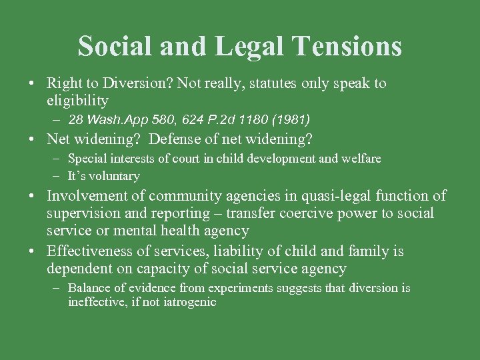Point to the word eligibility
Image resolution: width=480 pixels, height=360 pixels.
pos(77,101)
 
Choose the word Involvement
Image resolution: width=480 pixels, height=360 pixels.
pos(95,196)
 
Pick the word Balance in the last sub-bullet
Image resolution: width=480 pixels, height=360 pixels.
pos(90,288)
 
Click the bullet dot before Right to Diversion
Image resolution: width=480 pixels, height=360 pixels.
pos(32,84)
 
